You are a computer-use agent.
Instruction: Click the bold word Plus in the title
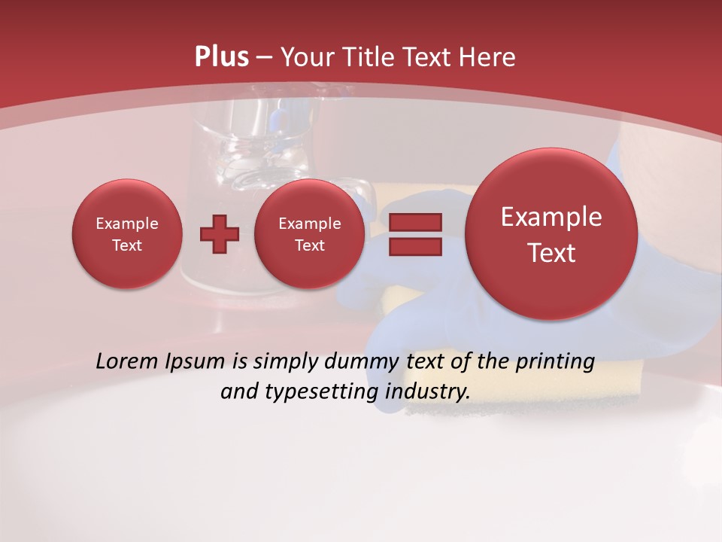click(x=221, y=57)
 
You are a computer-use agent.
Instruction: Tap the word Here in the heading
click(x=487, y=57)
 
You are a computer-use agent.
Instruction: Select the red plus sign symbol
click(x=219, y=235)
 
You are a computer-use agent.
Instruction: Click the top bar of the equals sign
click(x=415, y=222)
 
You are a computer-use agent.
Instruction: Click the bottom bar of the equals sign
click(x=415, y=247)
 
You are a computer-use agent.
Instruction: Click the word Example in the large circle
click(x=551, y=217)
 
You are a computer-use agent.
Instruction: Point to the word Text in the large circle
click(x=551, y=253)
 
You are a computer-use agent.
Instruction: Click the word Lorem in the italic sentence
click(x=127, y=361)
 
